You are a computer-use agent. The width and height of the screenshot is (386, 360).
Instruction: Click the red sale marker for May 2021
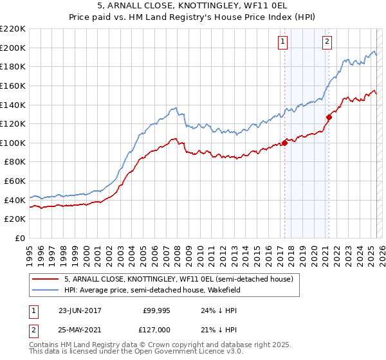pos(329,117)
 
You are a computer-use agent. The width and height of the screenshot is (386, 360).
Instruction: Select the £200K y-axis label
pos(13,48)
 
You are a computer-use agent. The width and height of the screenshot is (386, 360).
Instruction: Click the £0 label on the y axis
pos(19,239)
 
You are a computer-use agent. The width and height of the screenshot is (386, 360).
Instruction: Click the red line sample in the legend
pos(45,280)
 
